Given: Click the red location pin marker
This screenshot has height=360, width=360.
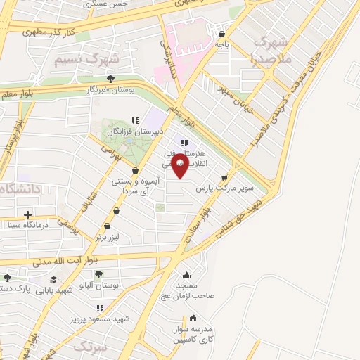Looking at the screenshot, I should point(179,165).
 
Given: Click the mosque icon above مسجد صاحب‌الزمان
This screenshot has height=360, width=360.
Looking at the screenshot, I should point(186,275).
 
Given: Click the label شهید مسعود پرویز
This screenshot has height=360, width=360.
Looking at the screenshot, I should point(100,319).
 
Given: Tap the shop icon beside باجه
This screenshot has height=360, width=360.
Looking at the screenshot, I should point(221,32).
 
